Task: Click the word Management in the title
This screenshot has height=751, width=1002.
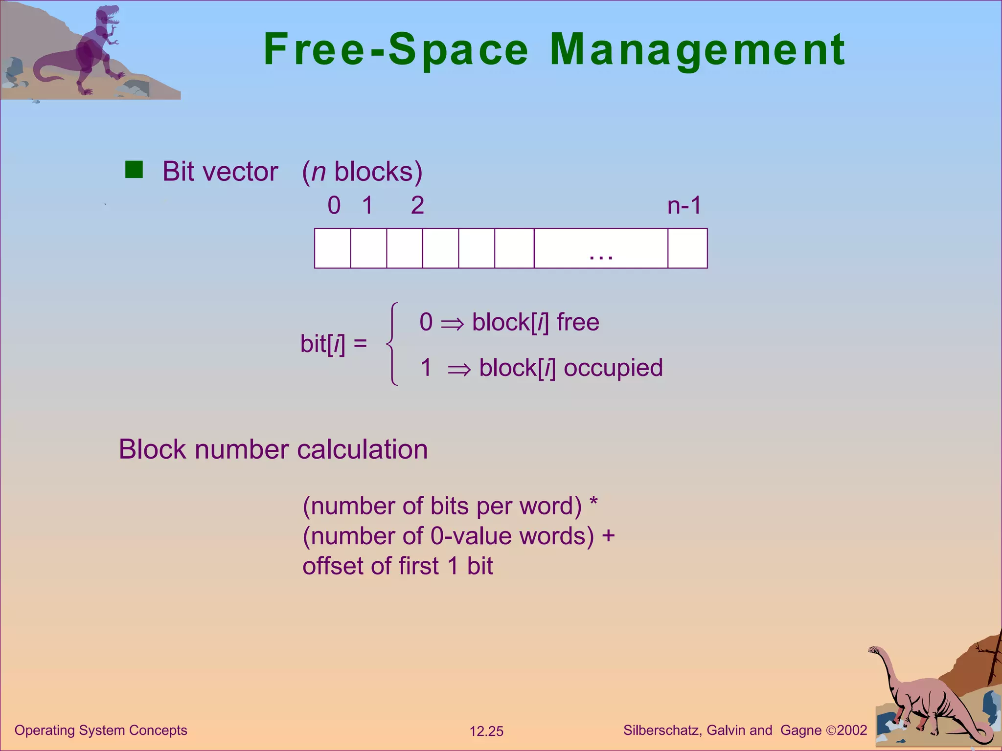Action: pyautogui.click(x=697, y=50)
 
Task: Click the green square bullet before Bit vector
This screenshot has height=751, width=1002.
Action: pyautogui.click(x=134, y=170)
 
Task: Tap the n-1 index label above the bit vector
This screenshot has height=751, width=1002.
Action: pyautogui.click(x=684, y=205)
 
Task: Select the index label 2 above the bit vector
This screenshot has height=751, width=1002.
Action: pyautogui.click(x=417, y=205)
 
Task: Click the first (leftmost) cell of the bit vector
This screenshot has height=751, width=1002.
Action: pyautogui.click(x=333, y=248)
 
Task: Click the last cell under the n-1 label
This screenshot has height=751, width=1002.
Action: pyautogui.click(x=687, y=248)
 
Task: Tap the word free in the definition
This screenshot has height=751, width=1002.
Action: pyautogui.click(x=578, y=323)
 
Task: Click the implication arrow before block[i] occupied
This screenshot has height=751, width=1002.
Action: pyautogui.click(x=459, y=370)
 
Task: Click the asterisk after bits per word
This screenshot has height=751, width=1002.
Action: pyautogui.click(x=593, y=502)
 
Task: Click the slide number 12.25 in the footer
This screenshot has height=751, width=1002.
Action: pyautogui.click(x=486, y=731)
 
